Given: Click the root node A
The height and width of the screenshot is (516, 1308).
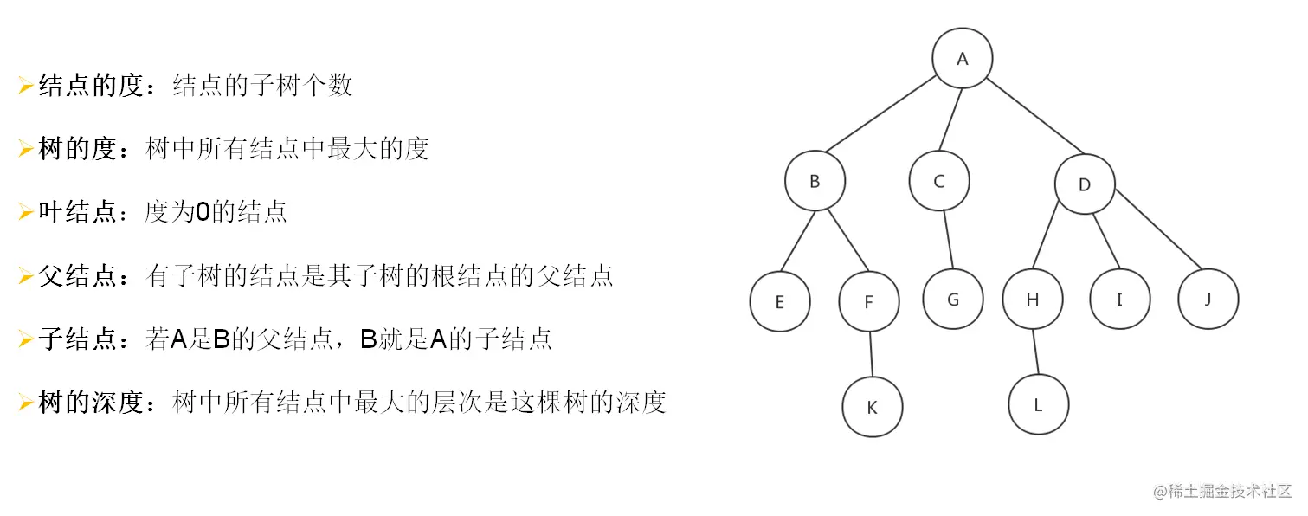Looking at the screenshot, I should click(962, 59).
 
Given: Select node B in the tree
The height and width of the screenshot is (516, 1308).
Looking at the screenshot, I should click(815, 182).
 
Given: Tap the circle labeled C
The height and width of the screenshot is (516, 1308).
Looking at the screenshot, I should click(939, 182).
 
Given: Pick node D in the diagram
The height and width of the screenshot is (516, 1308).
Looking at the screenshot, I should click(1085, 184).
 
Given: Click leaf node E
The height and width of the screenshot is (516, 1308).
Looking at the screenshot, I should click(780, 301).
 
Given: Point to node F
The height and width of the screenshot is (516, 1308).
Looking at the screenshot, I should click(869, 301).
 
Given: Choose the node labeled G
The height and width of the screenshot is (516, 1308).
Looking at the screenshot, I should click(953, 300).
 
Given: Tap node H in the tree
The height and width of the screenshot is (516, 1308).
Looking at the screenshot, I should click(1032, 300).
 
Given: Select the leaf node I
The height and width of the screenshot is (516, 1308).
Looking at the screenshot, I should click(1119, 300).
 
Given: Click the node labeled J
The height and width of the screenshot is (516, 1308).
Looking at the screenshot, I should click(1208, 300).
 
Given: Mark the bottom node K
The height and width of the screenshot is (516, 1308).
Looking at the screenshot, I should click(872, 406).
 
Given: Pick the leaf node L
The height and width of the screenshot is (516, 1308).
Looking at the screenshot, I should click(1038, 404).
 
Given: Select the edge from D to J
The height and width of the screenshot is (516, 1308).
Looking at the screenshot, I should click(1157, 229).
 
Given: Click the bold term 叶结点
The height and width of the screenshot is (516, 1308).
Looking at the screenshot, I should click(77, 212).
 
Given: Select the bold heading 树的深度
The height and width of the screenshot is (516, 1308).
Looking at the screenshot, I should click(90, 403).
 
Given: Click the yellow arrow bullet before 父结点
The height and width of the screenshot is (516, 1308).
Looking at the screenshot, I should click(26, 276).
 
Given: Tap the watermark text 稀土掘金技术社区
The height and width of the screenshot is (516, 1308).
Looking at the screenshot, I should click(1230, 491).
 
